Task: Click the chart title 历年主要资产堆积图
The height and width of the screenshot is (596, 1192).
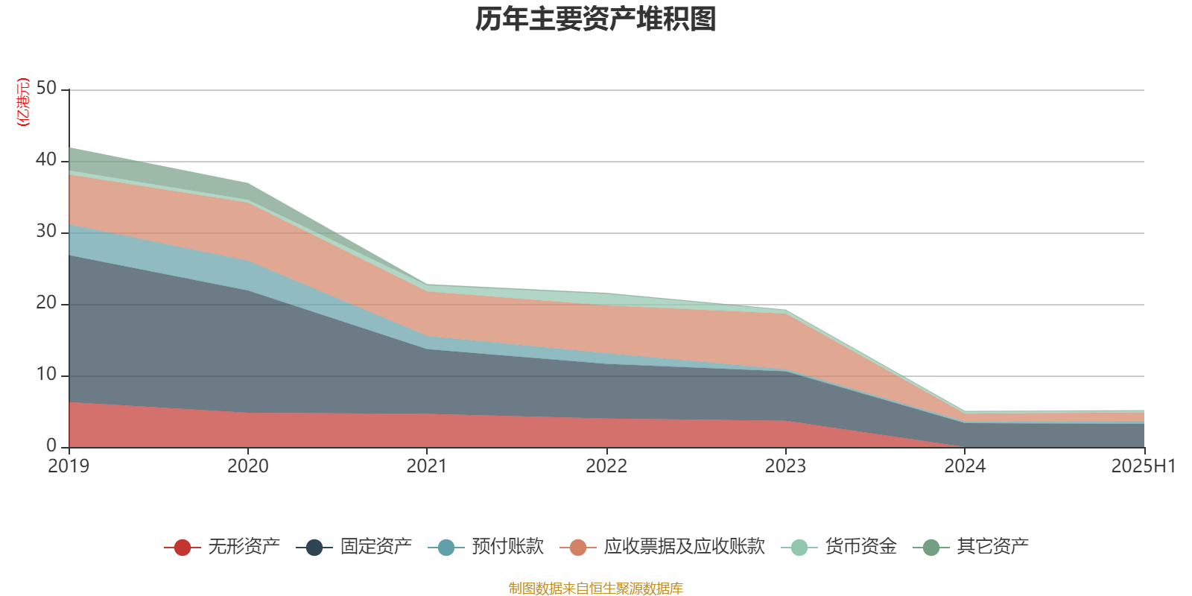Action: click(595, 20)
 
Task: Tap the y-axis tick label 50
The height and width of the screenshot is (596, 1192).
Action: click(46, 89)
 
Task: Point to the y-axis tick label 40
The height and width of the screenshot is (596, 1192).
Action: click(46, 160)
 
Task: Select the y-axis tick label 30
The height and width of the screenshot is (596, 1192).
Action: click(46, 232)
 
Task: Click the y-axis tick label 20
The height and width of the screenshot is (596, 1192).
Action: click(46, 303)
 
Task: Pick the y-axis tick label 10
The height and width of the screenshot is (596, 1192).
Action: click(46, 375)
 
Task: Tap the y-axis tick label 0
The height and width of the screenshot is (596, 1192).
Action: click(51, 446)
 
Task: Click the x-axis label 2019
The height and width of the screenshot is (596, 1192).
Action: click(69, 466)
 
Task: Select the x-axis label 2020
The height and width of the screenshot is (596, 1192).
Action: click(247, 466)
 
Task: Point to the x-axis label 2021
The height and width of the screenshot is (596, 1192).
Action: click(426, 466)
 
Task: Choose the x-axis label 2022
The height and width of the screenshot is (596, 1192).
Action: click(606, 466)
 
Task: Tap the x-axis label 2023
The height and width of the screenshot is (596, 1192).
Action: click(785, 466)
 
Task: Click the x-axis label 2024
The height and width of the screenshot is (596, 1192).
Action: click(965, 466)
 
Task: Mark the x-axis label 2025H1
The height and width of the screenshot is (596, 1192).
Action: click(1143, 466)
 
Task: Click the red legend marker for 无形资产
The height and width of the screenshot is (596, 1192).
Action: click(183, 547)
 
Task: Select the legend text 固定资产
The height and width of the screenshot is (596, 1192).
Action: click(375, 547)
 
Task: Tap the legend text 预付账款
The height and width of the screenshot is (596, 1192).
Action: click(507, 547)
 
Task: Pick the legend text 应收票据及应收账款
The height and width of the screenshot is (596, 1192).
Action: click(684, 547)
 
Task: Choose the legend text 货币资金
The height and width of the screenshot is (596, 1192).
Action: click(860, 547)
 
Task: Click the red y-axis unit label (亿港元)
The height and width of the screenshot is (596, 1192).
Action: click(23, 102)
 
